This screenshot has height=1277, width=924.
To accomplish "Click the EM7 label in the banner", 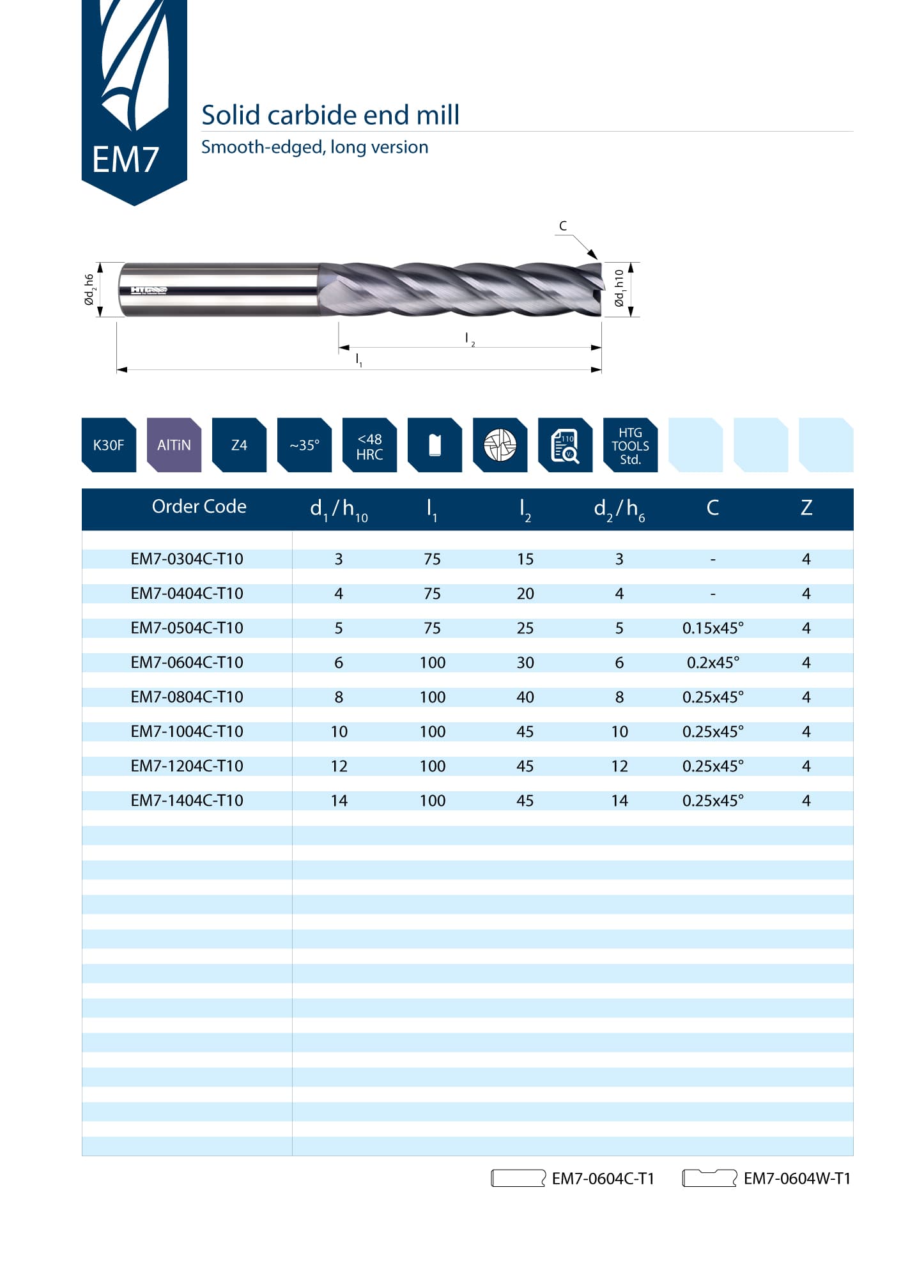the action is tap(125, 159).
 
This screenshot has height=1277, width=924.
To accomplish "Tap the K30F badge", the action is tap(109, 445).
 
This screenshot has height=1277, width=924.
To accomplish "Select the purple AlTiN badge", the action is tap(174, 445).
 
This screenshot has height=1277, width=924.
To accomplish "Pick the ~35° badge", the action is tap(304, 445).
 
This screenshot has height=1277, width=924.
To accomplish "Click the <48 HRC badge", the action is tap(369, 445).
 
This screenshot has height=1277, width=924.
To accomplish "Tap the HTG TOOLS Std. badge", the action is tap(630, 445).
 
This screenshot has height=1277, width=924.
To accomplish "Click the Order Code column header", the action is tap(199, 506).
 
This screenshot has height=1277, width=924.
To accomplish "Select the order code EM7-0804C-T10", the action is tap(187, 697).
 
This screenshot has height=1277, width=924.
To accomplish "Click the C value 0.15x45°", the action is tap(713, 628).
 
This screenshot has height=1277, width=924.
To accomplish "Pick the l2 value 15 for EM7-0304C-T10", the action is tap(525, 559).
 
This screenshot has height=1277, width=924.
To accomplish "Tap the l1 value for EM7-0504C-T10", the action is tap(432, 628).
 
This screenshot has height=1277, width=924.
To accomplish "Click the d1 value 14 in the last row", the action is tap(339, 800).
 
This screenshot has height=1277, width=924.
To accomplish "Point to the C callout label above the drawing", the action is tap(563, 226).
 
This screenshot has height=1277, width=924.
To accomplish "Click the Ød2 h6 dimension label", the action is tap(89, 290).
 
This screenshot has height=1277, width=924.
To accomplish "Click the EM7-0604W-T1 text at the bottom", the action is tap(797, 1178).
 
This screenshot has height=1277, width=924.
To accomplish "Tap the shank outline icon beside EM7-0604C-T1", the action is tap(518, 1178).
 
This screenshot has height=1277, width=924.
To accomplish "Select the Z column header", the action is tap(806, 507).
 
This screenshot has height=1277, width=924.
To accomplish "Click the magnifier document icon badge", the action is tap(565, 445).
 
